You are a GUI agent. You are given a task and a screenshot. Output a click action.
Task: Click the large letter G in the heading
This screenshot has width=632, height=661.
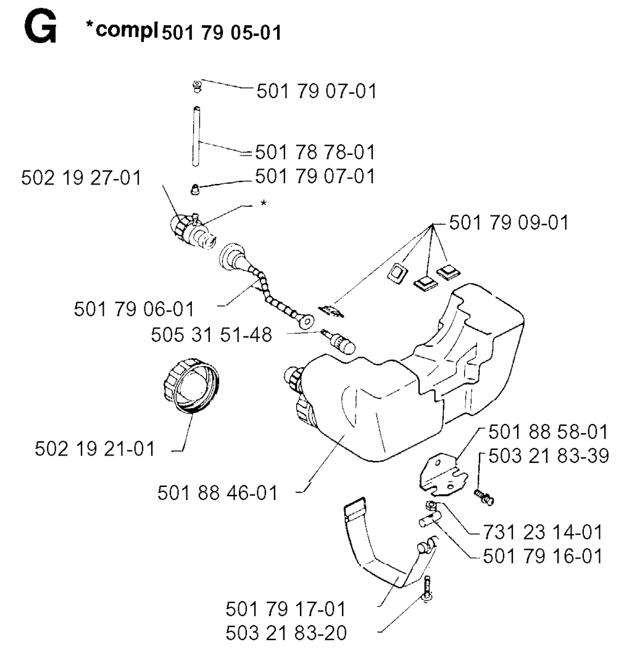[41, 28]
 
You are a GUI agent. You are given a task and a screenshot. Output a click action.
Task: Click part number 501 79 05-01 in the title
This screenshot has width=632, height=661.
[222, 32]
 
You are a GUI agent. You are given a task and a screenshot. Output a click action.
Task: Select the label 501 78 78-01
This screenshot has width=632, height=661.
[315, 152]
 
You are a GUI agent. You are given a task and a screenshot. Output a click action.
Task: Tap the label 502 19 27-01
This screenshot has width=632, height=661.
[81, 178]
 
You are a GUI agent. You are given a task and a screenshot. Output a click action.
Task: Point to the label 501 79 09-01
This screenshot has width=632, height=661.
[509, 222]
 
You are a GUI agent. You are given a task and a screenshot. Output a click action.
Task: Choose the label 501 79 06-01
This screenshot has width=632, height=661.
[134, 309]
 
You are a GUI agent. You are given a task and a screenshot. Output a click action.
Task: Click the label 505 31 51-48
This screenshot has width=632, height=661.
[212, 335]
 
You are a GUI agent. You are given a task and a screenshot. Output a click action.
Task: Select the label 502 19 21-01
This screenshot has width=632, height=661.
[95, 449]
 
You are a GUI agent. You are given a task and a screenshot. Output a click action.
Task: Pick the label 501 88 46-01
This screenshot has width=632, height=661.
[217, 493]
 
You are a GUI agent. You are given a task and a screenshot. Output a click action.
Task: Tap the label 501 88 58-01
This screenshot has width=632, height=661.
[548, 432]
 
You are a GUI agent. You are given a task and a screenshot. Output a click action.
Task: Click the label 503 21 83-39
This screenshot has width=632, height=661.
[549, 455]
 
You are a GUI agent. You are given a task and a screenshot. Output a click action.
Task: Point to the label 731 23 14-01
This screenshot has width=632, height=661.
[543, 532]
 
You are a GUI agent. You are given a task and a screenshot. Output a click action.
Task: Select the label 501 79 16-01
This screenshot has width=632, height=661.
[543, 556]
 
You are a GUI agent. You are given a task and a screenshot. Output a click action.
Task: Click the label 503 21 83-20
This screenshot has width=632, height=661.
[286, 633]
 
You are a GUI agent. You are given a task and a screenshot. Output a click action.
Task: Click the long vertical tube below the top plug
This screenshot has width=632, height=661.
[196, 136]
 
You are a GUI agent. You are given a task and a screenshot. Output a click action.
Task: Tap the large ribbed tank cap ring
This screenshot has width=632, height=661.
[191, 385]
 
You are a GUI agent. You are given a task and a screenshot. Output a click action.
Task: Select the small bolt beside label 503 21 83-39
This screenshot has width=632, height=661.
[484, 496]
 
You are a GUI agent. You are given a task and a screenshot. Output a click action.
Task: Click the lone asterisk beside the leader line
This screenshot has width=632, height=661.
[264, 203]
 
